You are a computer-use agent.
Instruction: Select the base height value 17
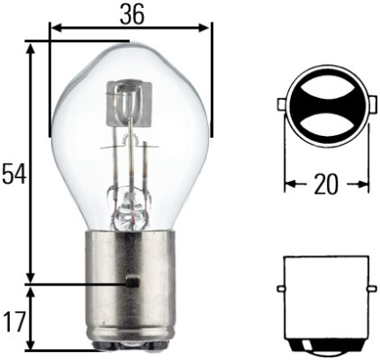pyautogui.click(x=13, y=321)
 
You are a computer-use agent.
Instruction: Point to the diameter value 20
pyautogui.click(x=326, y=184)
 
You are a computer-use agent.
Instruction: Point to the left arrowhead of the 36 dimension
pyautogui.click(x=55, y=28)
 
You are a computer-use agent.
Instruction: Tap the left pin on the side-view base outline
pyautogui.click(x=281, y=288)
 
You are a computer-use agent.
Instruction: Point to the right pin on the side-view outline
pyautogui.click(x=370, y=288)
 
